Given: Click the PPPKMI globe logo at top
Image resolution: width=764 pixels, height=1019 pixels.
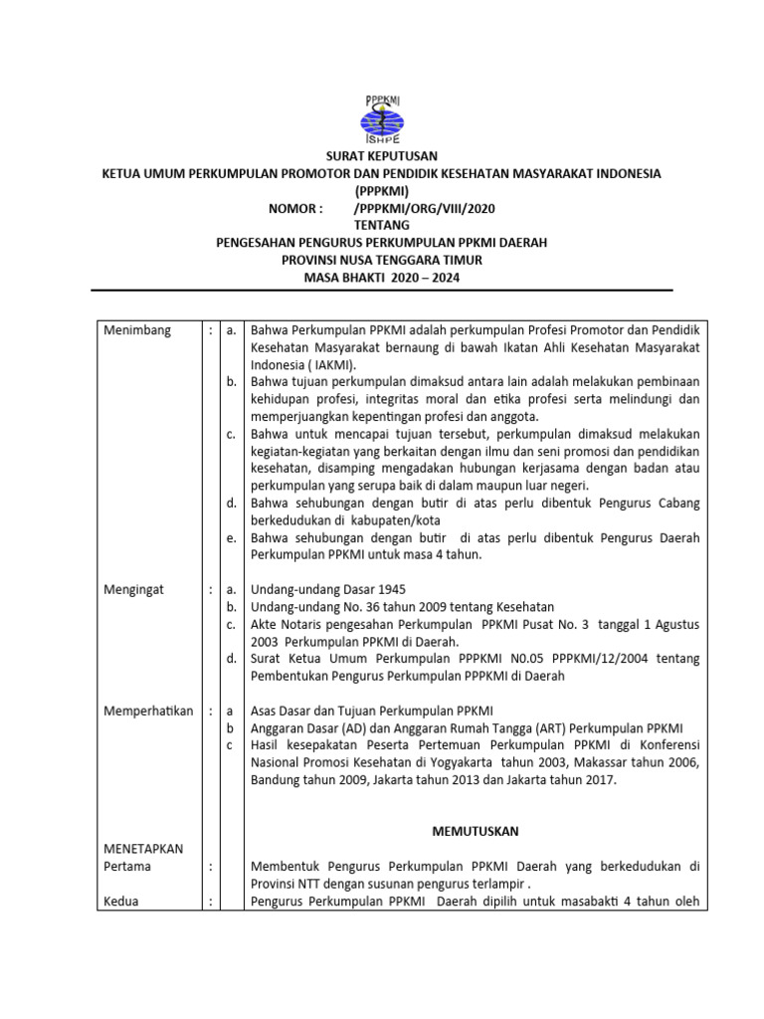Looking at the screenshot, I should (x=382, y=118).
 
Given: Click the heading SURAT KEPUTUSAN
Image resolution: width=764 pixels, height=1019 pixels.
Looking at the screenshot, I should (x=382, y=156).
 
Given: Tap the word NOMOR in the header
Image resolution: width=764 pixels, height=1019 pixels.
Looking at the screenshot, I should (x=295, y=208).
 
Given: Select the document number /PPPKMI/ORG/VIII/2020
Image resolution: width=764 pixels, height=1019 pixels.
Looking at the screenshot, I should (x=424, y=208).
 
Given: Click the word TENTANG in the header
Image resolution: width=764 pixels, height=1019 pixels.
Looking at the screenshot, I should (x=382, y=226).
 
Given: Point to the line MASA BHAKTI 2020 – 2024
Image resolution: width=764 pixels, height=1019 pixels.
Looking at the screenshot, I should (x=382, y=278).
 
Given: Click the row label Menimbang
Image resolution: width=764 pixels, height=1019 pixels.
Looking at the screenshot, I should (x=137, y=330).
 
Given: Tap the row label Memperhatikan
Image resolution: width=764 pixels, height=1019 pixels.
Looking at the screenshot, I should (x=148, y=711).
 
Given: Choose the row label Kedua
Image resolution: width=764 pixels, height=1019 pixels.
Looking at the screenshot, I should (x=122, y=902).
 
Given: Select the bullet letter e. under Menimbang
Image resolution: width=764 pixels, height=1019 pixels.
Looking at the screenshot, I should (x=231, y=537).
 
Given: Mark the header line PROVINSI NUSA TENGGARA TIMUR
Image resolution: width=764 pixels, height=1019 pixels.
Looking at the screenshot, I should (x=382, y=261).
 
